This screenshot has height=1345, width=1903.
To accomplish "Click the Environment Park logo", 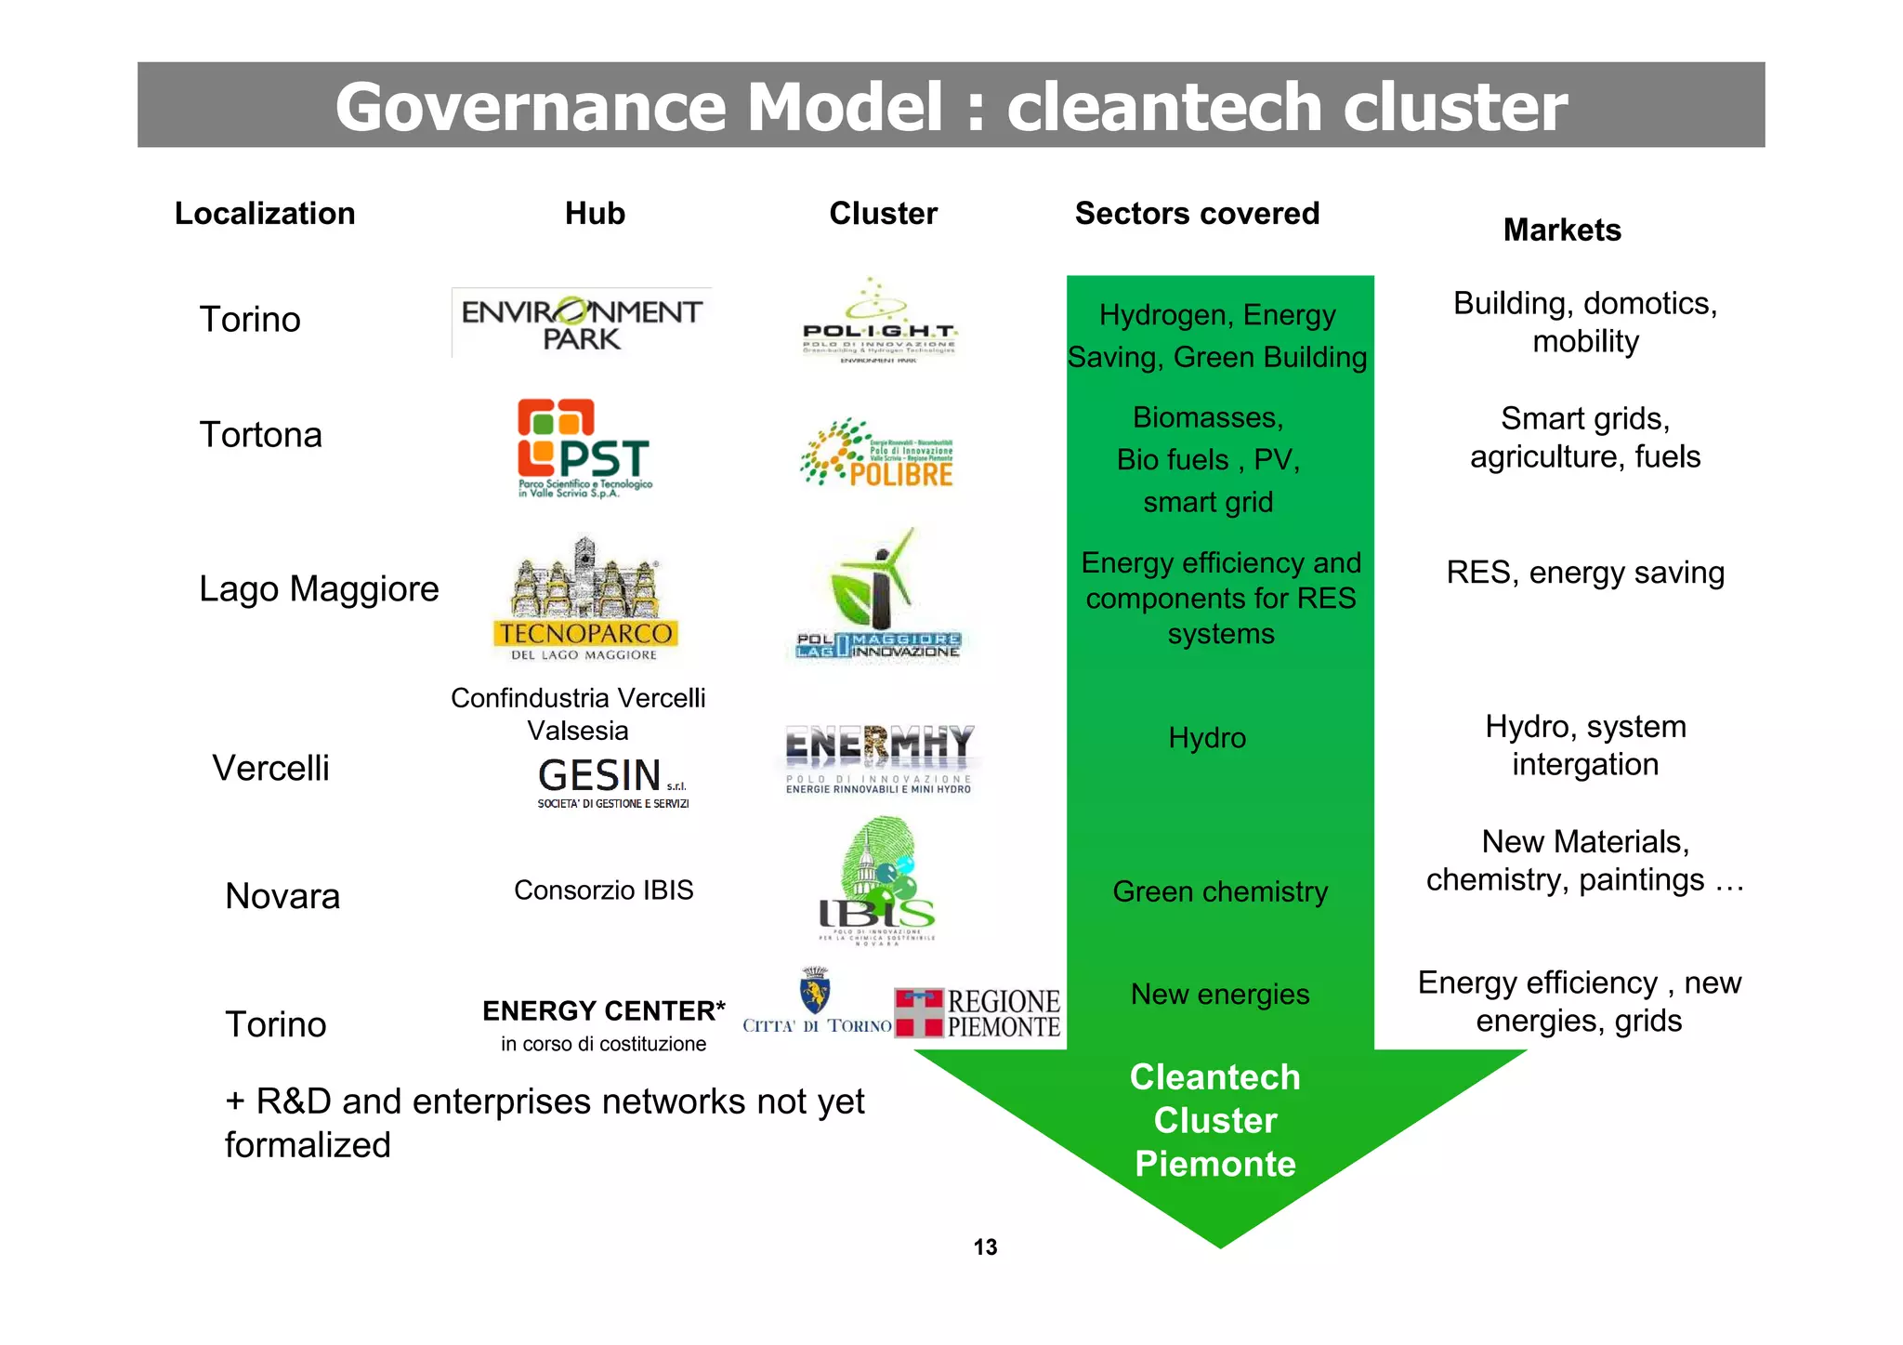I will [582, 323].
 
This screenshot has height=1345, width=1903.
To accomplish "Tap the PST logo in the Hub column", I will [584, 449].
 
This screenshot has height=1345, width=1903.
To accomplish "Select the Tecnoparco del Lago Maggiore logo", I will [585, 600].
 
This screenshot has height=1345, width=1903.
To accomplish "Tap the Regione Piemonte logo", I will [978, 1013].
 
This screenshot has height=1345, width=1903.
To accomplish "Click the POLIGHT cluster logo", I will [879, 321].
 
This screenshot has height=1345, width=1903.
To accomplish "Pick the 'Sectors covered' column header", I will [1197, 214].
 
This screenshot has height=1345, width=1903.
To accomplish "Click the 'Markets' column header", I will [1562, 230].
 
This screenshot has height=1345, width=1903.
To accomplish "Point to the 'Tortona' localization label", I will [261, 435].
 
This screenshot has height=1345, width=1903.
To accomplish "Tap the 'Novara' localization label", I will [282, 896].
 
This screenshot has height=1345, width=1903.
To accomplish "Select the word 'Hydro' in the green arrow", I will [1207, 738].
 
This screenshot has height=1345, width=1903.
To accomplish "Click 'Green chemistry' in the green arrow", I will [1220, 891].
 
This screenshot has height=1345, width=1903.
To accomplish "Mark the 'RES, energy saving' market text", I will [1585, 573].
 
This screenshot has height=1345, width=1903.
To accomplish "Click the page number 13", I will [985, 1247].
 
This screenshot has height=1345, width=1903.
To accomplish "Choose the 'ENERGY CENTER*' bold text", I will [604, 1010].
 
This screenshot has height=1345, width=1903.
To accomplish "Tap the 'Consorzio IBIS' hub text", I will [604, 890].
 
